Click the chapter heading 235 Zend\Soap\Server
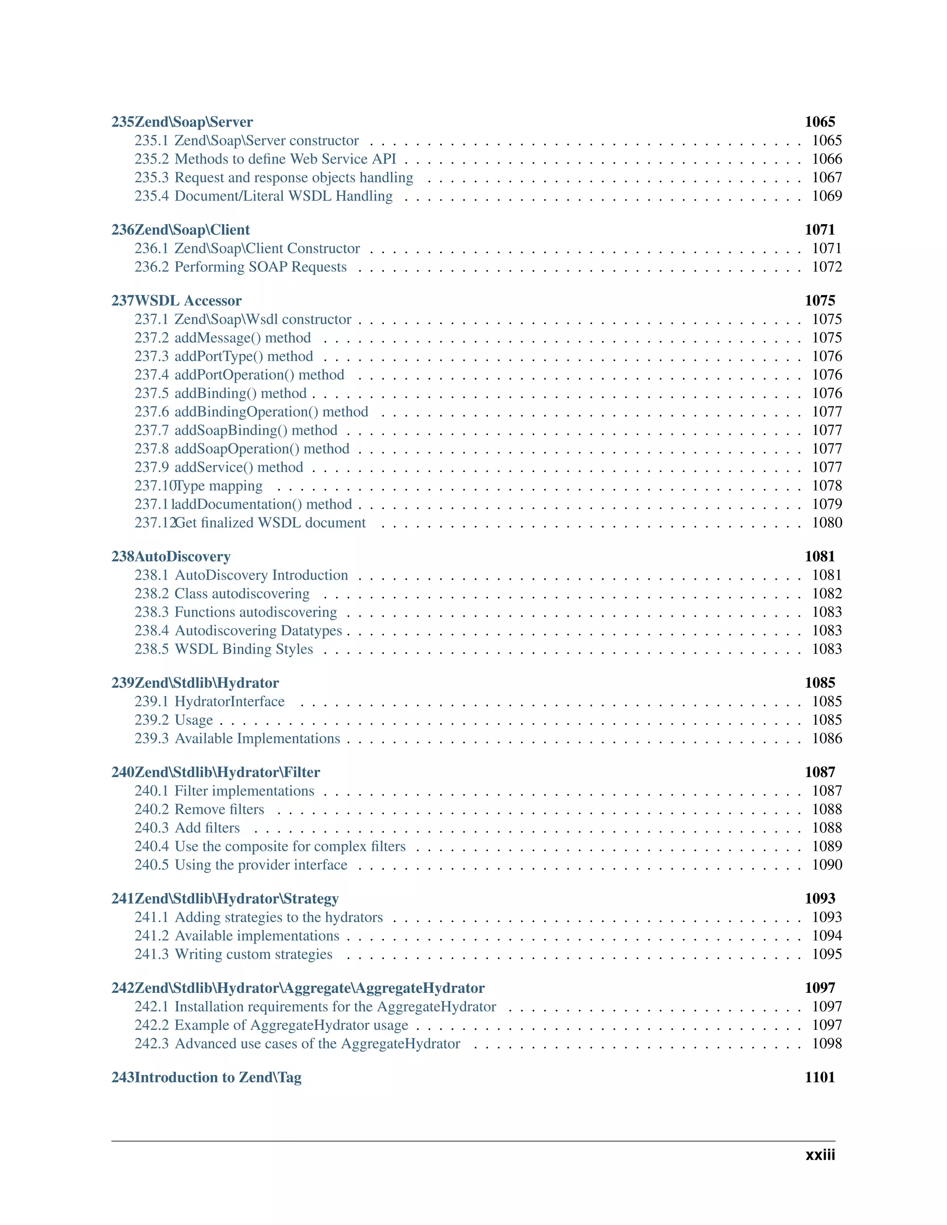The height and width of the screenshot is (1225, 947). [x=182, y=122]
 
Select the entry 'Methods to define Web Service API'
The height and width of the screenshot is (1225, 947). [x=285, y=159]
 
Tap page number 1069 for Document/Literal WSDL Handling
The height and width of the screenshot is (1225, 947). [x=826, y=196]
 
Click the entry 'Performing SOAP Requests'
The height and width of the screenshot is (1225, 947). [x=260, y=267]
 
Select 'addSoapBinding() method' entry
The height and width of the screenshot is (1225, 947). [x=256, y=430]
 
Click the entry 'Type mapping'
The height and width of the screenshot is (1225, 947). [x=219, y=486]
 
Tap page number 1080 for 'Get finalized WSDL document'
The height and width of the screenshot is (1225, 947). [x=826, y=523]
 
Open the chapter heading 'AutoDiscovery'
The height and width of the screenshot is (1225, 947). [x=182, y=557]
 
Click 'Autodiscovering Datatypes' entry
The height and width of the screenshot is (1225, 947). [x=258, y=631]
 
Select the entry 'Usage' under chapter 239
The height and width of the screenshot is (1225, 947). [x=194, y=720]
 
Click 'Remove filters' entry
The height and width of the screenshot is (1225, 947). [x=219, y=809]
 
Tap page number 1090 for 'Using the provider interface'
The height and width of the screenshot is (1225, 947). [x=826, y=865]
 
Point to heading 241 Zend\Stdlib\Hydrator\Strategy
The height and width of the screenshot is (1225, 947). [x=225, y=899]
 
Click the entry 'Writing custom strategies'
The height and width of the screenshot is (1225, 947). [x=253, y=954]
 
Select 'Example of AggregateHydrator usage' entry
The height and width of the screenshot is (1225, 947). [x=291, y=1025]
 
